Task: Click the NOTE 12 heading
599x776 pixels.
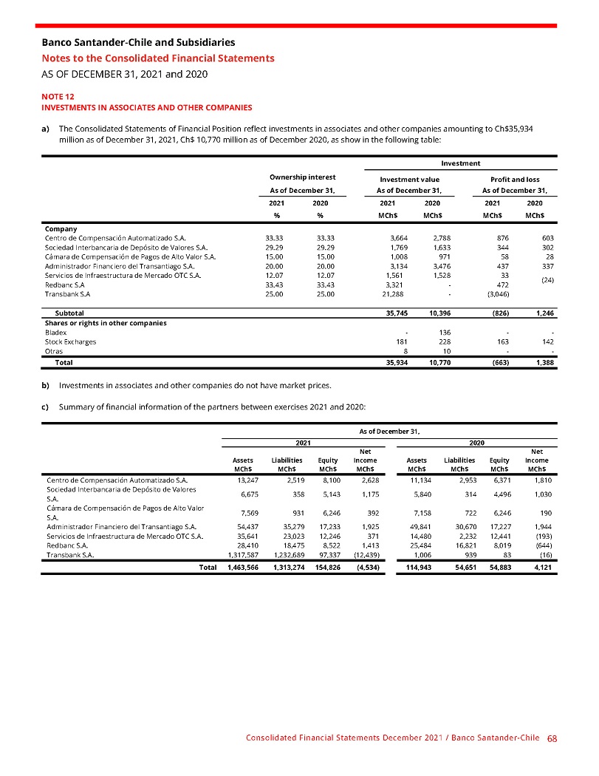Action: pyautogui.click(x=58, y=96)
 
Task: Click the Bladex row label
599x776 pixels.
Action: pyautogui.click(x=55, y=333)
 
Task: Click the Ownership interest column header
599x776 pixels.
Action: pyautogui.click(x=303, y=177)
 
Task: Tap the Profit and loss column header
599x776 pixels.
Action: pyautogui.click(x=515, y=179)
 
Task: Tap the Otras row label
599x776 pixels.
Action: pyautogui.click(x=54, y=352)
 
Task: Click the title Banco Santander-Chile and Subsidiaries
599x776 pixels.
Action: pyautogui.click(x=138, y=43)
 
